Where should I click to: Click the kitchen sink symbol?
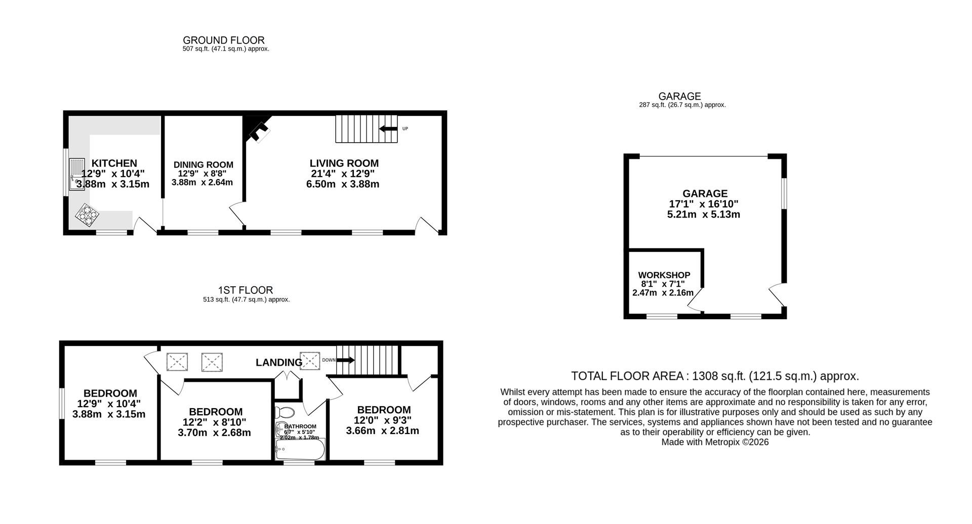coord(77,174)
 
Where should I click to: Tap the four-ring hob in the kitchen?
coord(87,214)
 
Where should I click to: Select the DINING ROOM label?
coord(203,165)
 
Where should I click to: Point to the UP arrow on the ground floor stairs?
coord(388,128)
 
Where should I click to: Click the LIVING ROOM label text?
coord(344,163)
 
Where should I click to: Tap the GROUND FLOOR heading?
coord(223,40)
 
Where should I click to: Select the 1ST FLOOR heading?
coord(246,290)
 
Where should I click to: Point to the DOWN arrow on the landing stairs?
coord(345,360)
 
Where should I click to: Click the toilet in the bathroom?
coord(286,412)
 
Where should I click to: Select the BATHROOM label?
coord(300,426)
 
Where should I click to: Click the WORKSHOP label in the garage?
coord(664,275)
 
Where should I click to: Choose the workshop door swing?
coord(694,302)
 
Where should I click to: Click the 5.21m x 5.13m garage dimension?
coord(704,214)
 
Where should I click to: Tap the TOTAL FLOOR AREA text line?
coord(714,376)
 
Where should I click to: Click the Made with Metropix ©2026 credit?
coord(715,442)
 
